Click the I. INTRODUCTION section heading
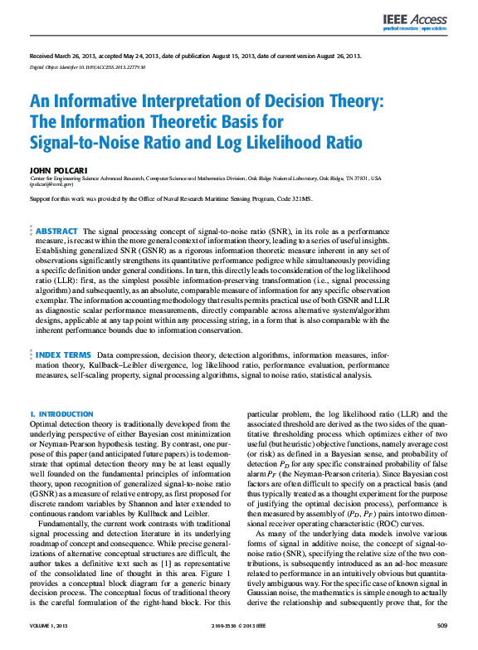61,413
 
